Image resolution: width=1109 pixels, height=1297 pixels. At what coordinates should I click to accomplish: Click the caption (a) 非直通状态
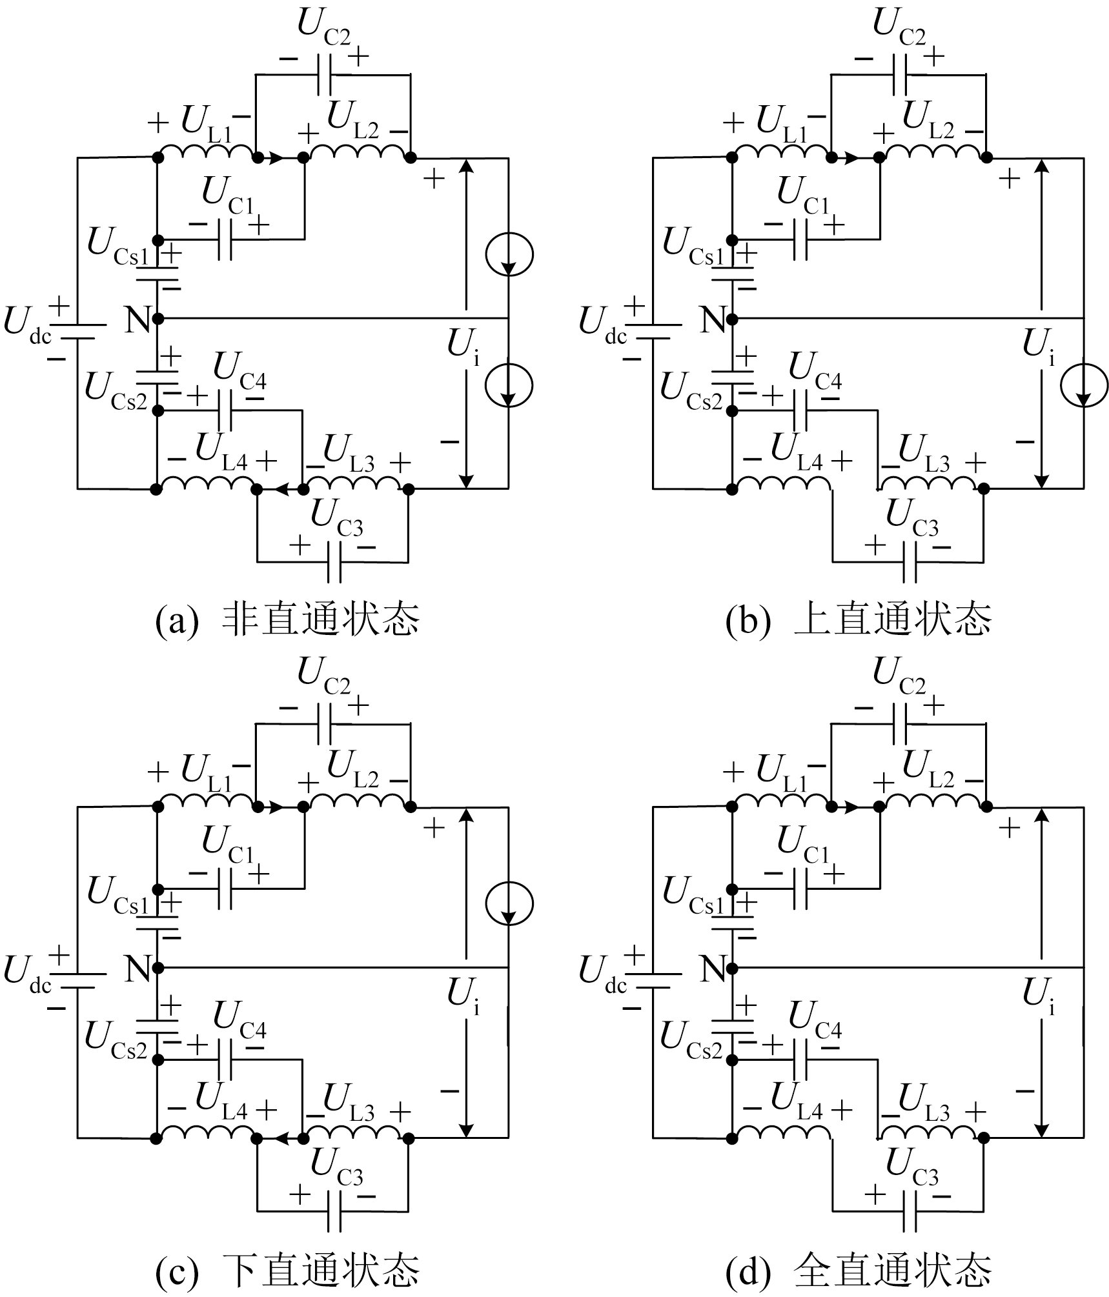coord(288,619)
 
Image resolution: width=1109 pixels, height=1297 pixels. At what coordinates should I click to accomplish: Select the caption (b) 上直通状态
coord(859,619)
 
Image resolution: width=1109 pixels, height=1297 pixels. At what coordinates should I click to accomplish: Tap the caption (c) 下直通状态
coord(288,1269)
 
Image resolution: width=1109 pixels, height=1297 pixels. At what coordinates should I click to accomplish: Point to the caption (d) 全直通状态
coord(859,1269)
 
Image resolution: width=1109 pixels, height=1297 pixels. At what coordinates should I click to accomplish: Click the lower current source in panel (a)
coord(509,385)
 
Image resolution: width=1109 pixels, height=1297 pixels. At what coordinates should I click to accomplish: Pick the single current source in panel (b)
coord(1084,385)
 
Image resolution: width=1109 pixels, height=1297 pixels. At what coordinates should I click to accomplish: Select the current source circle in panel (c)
coord(509,904)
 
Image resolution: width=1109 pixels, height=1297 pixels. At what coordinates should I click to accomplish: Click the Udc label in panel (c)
coord(27,973)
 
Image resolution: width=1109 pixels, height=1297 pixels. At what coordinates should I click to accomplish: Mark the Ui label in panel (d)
coord(1039,997)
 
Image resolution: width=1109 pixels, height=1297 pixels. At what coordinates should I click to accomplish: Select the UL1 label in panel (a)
coord(207,123)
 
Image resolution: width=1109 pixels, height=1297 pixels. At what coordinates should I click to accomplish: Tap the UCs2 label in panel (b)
coord(691,390)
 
